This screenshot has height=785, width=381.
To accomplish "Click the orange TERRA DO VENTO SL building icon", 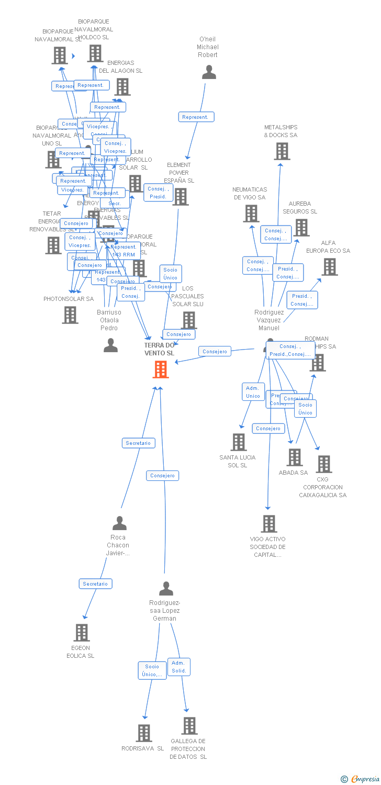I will [x=161, y=369].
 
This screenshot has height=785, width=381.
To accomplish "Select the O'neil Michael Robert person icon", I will [x=209, y=72].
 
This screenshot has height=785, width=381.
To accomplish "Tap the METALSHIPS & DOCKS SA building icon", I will [x=282, y=151].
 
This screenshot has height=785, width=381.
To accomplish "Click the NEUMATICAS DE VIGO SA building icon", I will [x=251, y=213].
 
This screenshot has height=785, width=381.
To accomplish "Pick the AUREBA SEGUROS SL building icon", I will [x=301, y=228].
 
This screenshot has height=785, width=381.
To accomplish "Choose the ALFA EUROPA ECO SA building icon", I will [x=329, y=267].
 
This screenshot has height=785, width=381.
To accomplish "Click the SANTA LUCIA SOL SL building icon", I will [x=239, y=442].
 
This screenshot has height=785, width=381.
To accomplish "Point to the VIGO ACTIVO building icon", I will [x=268, y=524].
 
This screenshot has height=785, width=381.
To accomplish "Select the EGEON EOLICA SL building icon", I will [x=81, y=633].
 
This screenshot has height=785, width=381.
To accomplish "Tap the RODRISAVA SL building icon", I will [x=144, y=733].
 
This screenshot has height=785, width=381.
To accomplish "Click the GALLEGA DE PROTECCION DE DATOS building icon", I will [x=189, y=726].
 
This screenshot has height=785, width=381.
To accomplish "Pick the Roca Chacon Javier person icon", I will [x=119, y=523].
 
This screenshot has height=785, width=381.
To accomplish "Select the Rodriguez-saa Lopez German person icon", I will [x=166, y=589].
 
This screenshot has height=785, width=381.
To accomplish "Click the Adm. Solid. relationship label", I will [x=178, y=667].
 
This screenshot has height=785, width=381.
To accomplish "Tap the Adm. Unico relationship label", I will [x=253, y=392].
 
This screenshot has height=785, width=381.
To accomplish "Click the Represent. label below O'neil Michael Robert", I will [x=195, y=117].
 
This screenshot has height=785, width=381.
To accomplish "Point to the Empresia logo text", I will [x=365, y=779].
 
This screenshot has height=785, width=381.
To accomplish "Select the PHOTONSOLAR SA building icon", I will [x=70, y=315].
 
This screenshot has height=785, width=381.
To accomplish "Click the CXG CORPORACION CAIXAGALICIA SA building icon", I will [x=323, y=464].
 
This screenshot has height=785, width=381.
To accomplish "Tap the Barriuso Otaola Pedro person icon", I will [x=110, y=345].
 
